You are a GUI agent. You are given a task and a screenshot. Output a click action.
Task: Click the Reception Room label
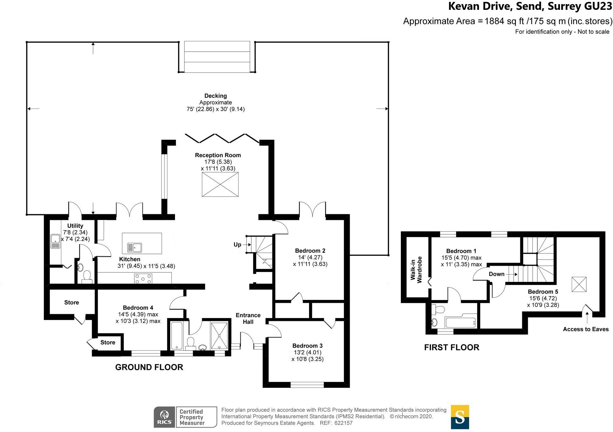point(218,155)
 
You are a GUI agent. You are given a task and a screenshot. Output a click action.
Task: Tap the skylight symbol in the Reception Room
point(220,185)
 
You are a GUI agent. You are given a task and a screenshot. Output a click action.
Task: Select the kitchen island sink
point(135,247)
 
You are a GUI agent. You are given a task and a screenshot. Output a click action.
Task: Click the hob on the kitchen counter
point(143,279)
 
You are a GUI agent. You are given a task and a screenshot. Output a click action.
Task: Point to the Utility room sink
point(55,242)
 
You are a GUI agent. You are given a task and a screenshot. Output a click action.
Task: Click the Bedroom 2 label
point(310,251)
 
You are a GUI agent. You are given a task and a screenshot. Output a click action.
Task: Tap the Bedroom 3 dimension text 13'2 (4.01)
point(307,352)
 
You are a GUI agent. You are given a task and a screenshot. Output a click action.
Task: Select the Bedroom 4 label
point(138,308)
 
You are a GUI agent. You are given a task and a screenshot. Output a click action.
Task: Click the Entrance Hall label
point(248,318)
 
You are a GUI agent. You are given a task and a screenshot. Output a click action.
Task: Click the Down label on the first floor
point(496,274)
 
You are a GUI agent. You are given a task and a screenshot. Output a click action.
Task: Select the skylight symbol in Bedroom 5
point(579,284)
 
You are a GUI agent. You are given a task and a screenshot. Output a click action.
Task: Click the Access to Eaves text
point(586,329)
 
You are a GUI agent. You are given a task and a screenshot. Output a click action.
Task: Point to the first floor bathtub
point(461,322)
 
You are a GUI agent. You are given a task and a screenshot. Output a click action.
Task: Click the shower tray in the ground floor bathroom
point(219,336)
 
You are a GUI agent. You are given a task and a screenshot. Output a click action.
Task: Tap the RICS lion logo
point(165,417)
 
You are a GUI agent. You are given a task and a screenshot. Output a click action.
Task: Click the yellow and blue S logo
point(460,417)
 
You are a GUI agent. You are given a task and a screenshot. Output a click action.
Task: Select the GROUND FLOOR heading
point(149,367)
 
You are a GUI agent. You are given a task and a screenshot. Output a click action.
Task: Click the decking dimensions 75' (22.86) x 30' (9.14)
point(216,109)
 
